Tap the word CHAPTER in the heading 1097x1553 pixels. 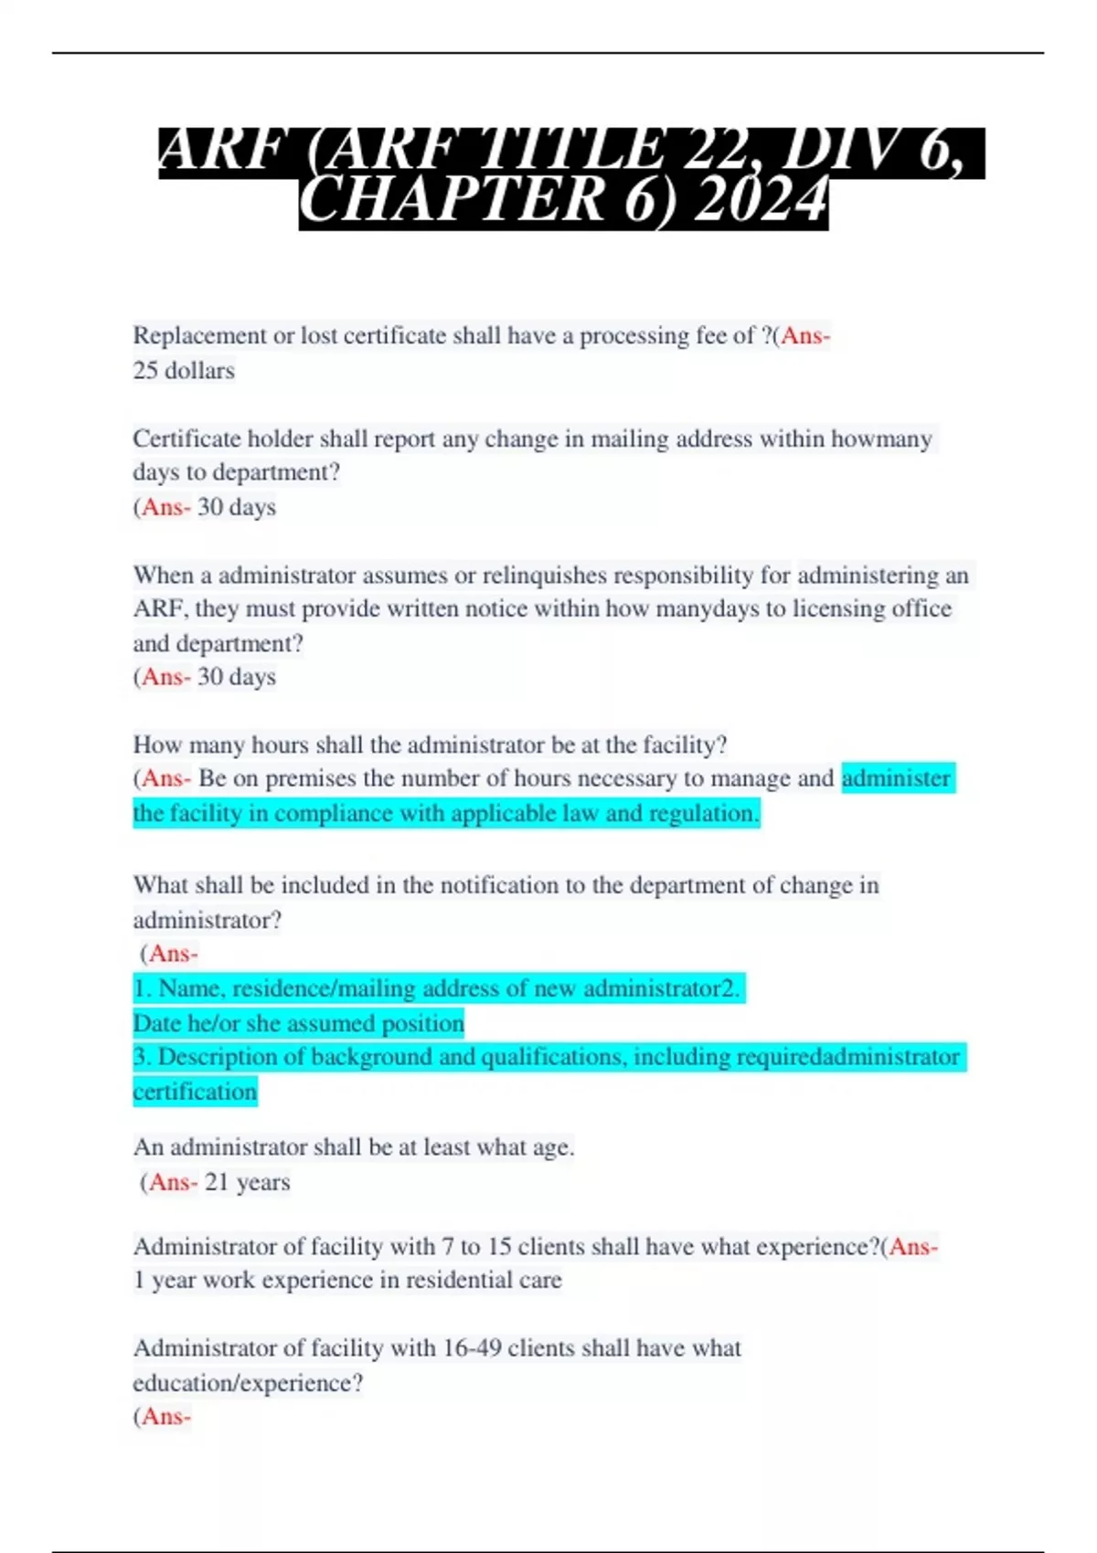[452, 201]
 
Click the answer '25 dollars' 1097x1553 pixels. [184, 371]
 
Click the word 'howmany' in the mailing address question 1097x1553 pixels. [881, 439]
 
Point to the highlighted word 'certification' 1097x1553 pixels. [195, 1093]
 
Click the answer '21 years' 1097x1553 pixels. [247, 1183]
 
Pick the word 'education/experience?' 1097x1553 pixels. [248, 1384]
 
